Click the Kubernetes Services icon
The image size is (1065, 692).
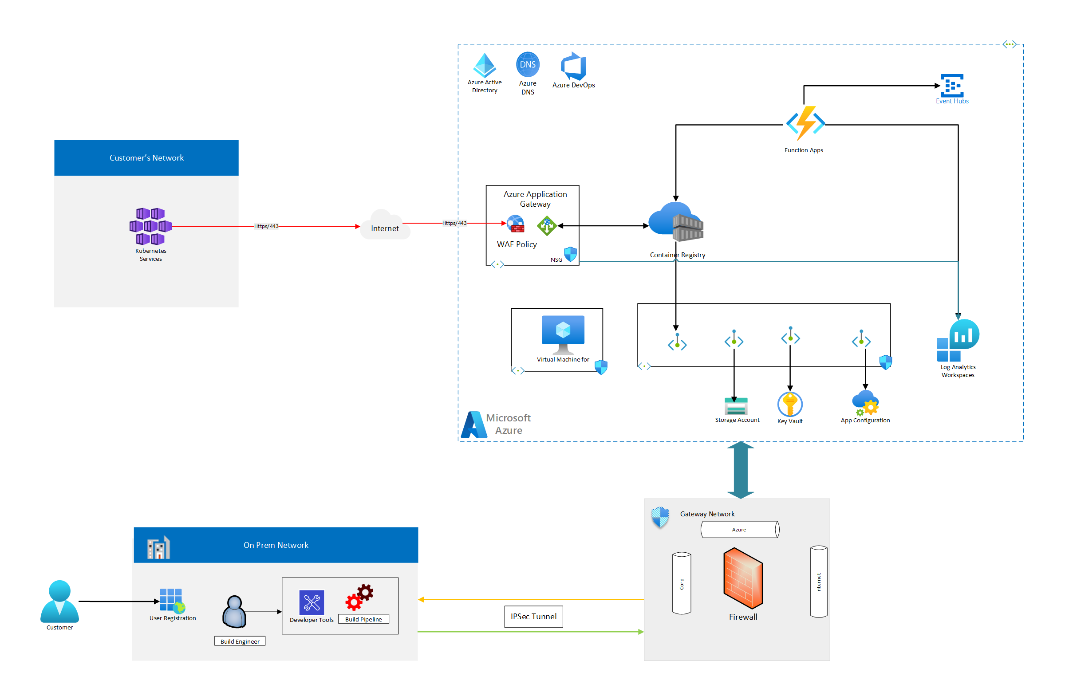tap(150, 226)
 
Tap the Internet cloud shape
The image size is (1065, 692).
tap(385, 226)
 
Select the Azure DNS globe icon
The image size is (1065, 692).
tap(528, 64)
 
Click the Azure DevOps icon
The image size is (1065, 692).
tap(573, 66)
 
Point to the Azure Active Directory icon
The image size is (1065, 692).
tap(484, 65)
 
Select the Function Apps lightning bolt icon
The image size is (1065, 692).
tap(805, 123)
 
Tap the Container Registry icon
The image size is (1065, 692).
tap(676, 222)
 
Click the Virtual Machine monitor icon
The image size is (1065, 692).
tap(563, 334)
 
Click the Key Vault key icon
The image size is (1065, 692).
tap(790, 404)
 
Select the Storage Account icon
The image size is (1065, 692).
tap(736, 406)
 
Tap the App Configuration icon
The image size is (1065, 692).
tap(865, 403)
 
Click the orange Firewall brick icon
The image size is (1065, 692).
tap(743, 578)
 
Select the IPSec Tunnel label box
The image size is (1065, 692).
tap(533, 617)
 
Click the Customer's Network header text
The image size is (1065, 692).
tap(146, 158)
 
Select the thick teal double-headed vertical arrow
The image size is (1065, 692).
tap(741, 470)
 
